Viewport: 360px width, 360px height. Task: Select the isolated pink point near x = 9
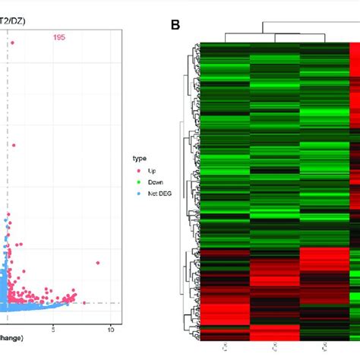coord(98,263)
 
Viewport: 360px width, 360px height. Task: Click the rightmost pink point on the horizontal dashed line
coord(84,303)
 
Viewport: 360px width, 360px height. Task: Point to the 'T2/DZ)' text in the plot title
coord(13,21)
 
